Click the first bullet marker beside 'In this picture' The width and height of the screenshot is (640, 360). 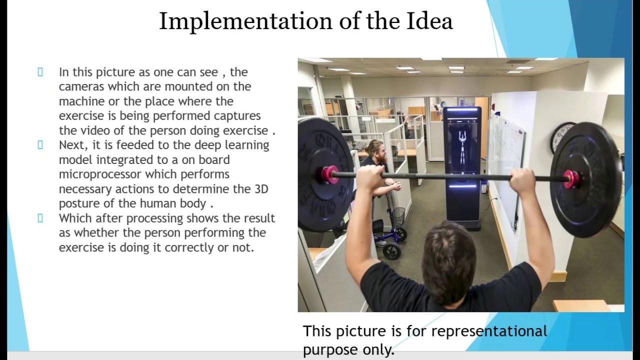coord(40,72)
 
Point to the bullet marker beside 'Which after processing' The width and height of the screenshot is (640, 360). coord(40,218)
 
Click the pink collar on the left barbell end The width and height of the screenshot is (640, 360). coord(329,174)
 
